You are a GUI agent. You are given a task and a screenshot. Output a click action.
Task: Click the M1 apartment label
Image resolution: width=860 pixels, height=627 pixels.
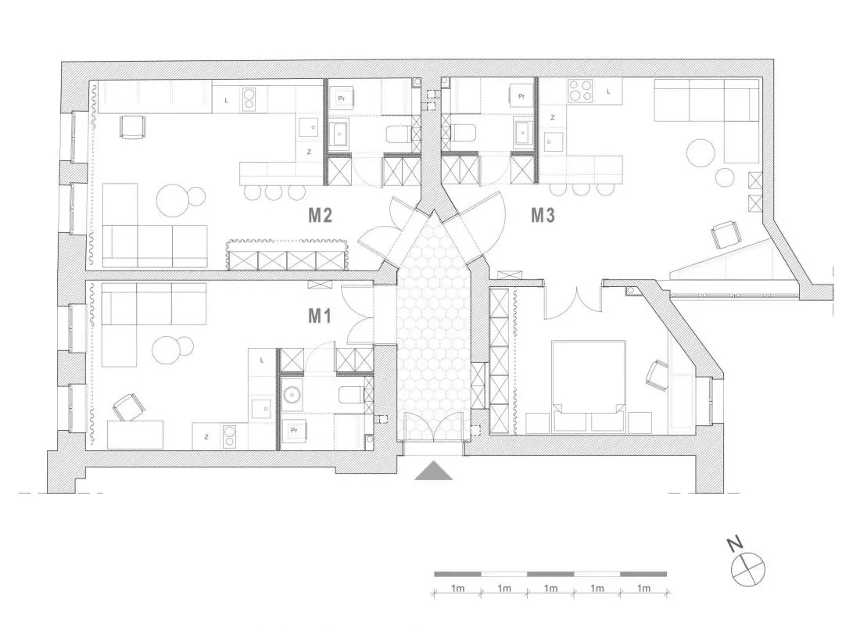tap(320, 315)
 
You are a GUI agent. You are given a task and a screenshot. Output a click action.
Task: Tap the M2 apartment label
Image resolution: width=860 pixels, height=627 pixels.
tap(321, 215)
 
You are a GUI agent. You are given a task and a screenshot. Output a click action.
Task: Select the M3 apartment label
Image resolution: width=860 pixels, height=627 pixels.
tap(543, 215)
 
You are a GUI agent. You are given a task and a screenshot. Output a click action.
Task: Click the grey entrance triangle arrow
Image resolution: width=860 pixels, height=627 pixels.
tap(433, 471)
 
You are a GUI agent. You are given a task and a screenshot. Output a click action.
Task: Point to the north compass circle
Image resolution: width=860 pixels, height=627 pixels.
tap(748, 568)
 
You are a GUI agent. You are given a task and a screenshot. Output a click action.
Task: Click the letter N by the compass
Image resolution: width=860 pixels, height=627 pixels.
tap(734, 544)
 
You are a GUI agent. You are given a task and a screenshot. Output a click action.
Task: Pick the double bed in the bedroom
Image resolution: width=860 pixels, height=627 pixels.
tap(589, 378)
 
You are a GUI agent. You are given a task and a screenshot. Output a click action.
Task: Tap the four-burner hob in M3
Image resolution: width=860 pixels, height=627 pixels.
tap(580, 91)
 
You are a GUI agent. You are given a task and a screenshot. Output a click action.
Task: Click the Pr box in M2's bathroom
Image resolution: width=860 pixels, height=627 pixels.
tap(341, 99)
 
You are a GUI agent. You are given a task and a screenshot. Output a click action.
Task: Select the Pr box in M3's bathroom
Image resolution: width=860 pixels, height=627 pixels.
tap(521, 96)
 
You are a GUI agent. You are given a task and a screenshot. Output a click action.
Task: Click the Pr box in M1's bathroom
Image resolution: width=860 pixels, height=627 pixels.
tap(294, 430)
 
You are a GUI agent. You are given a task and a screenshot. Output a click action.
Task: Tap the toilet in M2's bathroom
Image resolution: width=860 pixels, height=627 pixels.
tap(400, 134)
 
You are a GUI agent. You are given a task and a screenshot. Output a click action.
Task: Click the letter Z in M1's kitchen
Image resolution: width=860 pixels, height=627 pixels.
tap(206, 437)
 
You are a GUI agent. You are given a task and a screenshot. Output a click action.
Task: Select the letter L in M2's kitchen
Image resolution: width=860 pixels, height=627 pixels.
tap(227, 100)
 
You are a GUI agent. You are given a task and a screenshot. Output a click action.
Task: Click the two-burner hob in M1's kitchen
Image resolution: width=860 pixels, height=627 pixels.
tap(229, 437)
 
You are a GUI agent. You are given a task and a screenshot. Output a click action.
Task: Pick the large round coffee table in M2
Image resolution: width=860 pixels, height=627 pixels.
tap(173, 201)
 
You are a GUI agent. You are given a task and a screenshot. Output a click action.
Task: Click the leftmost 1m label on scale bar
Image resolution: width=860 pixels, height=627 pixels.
tap(458, 588)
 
